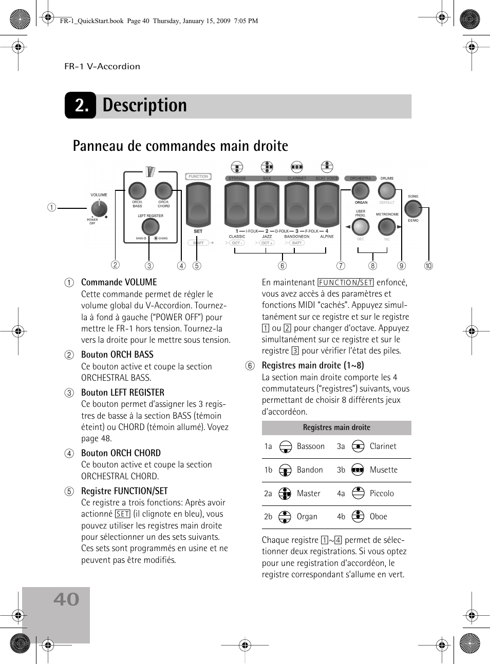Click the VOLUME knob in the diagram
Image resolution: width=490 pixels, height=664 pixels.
[99, 208]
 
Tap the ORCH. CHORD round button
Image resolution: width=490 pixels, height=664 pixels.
[163, 190]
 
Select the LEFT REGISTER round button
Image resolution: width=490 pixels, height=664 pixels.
[150, 226]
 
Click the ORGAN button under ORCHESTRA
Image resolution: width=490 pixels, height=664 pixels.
[361, 190]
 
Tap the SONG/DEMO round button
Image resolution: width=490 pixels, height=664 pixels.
[413, 208]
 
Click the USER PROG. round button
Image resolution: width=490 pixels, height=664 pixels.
[361, 226]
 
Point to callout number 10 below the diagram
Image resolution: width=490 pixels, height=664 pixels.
[428, 266]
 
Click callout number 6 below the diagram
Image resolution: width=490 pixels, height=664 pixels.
[282, 266]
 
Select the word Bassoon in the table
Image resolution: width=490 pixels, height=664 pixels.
[311, 446]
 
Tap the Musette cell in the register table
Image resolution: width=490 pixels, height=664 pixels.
[383, 470]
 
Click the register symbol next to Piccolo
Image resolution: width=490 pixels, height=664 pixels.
[358, 493]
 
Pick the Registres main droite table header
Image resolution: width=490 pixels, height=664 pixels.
[336, 427]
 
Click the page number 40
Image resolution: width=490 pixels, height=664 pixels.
[66, 599]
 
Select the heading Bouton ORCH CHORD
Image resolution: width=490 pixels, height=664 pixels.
[121, 453]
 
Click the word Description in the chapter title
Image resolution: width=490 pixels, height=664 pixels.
[145, 105]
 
